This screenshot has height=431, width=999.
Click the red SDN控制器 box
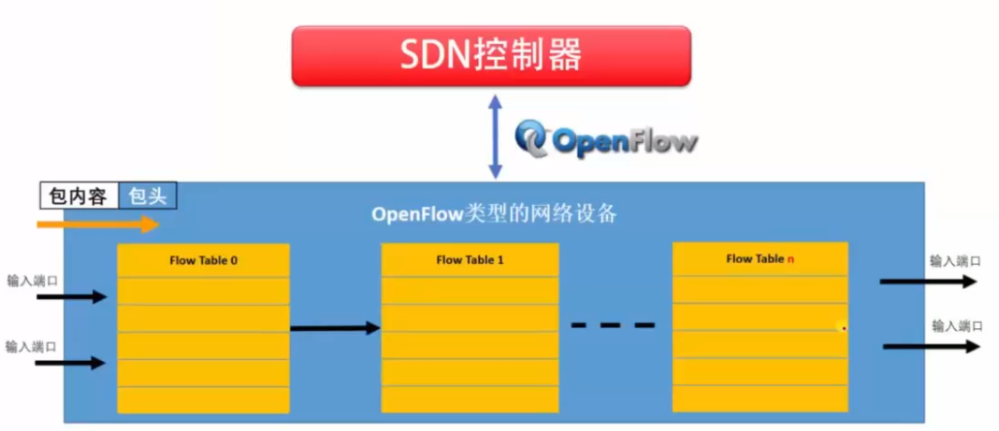491,55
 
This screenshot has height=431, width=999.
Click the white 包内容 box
79,195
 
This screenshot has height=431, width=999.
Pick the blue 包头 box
148,195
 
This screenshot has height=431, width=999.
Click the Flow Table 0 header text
203,260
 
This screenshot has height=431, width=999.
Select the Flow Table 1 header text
470,259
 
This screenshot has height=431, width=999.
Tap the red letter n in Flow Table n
790,258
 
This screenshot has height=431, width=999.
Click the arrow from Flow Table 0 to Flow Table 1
335,328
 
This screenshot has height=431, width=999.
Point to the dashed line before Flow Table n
613,325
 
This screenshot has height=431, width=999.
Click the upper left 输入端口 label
32,280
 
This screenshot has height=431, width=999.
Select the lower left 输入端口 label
32,346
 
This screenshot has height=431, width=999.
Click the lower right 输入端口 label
957,326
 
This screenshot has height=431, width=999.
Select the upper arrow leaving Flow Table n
930,280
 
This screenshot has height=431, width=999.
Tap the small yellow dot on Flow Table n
842,327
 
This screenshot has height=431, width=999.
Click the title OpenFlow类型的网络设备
494,214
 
